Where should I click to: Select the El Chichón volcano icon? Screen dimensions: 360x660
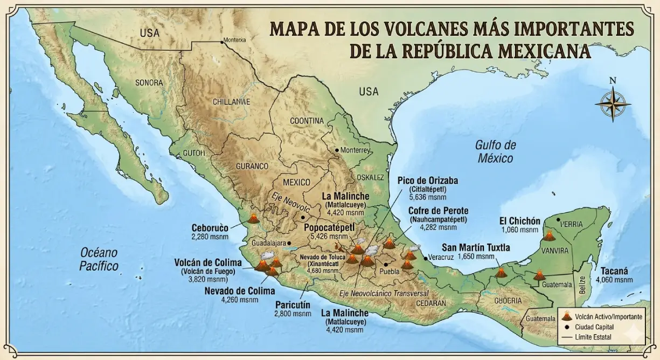click(x=549, y=236)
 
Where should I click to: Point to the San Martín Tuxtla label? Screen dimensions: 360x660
click(x=476, y=247)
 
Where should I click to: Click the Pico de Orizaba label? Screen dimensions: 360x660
click(x=428, y=181)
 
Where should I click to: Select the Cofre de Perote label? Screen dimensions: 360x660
click(x=437, y=210)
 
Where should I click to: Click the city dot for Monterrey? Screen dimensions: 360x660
click(x=337, y=150)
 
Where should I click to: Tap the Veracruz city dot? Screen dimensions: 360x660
click(x=426, y=259)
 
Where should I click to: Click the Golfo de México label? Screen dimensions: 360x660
click(x=495, y=151)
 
